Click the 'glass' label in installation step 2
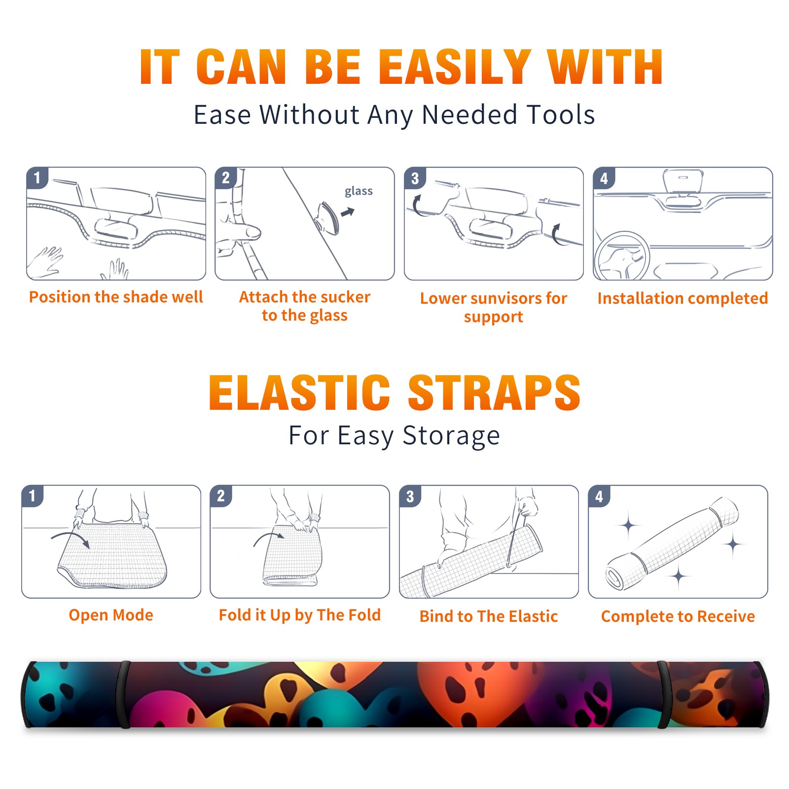click(x=359, y=191)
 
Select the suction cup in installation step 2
click(x=327, y=217)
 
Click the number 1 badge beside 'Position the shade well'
click(x=37, y=178)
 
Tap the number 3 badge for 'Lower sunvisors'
click(x=415, y=178)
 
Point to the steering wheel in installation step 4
click(x=622, y=256)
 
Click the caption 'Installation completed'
click(x=682, y=298)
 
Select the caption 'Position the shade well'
click(x=116, y=297)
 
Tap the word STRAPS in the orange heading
click(x=494, y=393)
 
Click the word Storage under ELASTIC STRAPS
click(x=451, y=436)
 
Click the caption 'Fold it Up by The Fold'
click(x=300, y=615)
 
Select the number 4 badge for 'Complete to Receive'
click(x=599, y=496)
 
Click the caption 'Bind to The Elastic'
click(x=489, y=616)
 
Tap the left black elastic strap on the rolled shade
click(x=124, y=695)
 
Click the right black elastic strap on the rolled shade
click(x=663, y=695)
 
